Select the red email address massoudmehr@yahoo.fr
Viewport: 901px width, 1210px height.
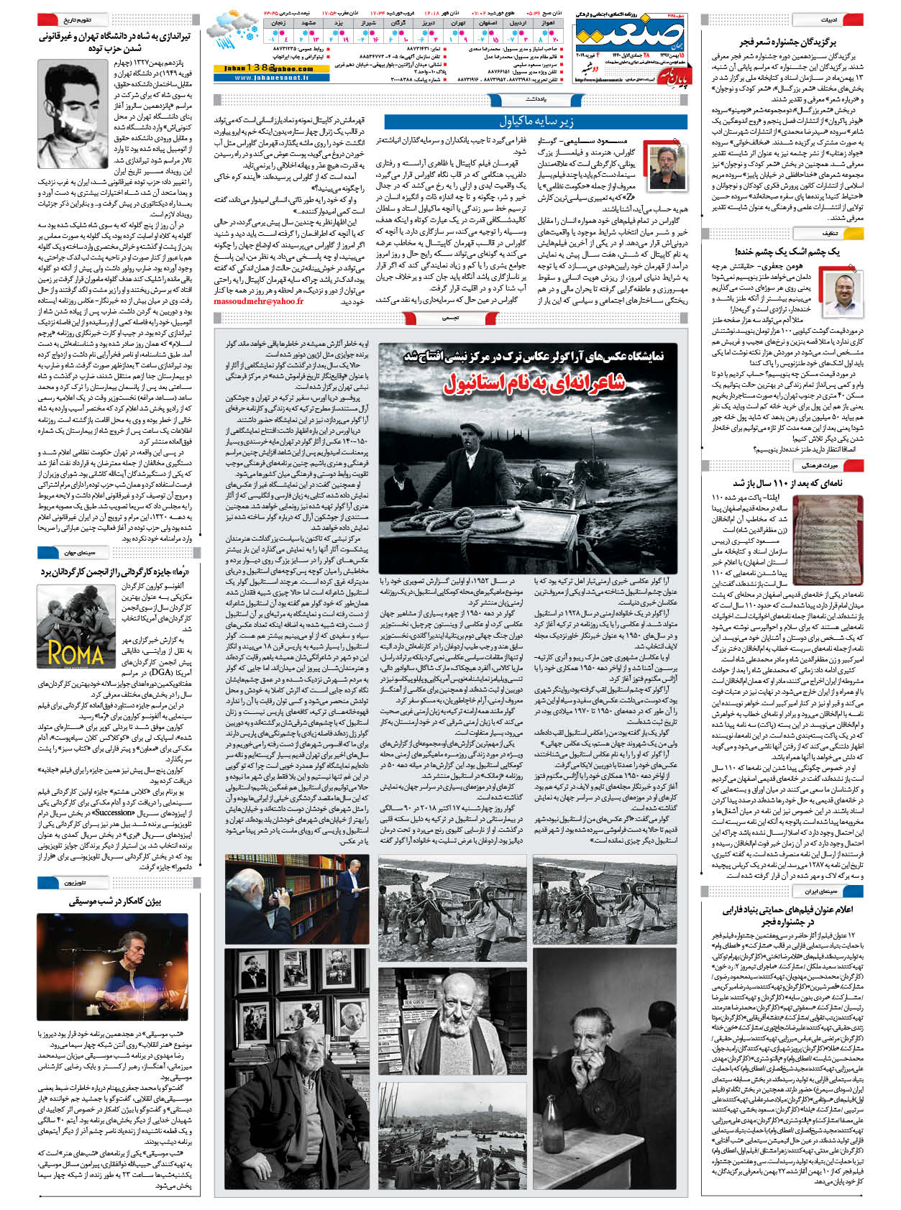(x=258, y=301)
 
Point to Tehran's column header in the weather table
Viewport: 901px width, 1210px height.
(x=458, y=23)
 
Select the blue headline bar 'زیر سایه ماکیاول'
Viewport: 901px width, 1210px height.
(x=536, y=122)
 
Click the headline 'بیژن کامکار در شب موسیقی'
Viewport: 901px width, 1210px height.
(x=115, y=901)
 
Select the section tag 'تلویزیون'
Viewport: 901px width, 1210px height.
(x=76, y=882)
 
